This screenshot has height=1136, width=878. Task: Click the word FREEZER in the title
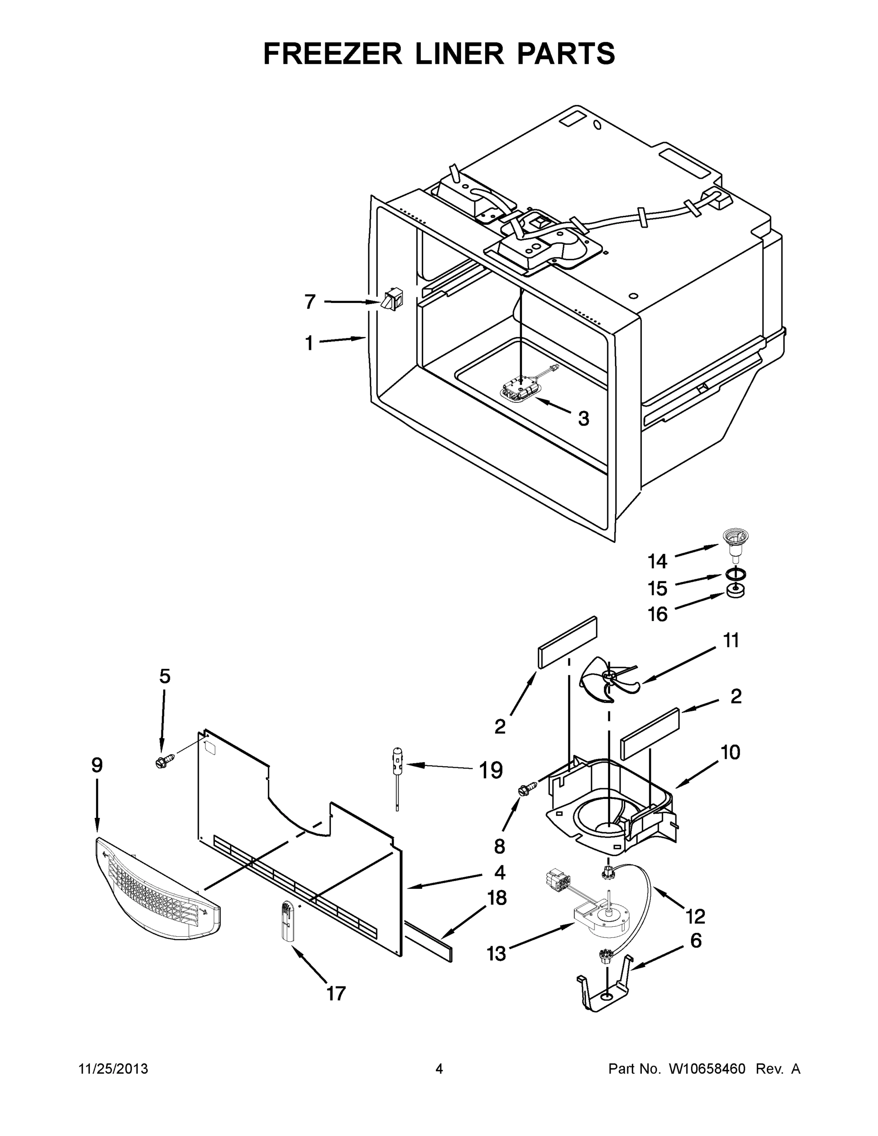pyautogui.click(x=333, y=53)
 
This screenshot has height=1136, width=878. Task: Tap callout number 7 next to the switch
pyautogui.click(x=310, y=301)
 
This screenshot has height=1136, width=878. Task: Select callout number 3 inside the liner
pyautogui.click(x=584, y=418)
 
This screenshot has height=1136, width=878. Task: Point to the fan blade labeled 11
pyautogui.click(x=609, y=678)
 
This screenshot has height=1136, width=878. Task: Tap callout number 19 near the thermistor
pyautogui.click(x=490, y=770)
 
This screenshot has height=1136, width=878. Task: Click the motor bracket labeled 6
pyautogui.click(x=606, y=984)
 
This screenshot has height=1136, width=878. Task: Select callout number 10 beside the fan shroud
pyautogui.click(x=731, y=752)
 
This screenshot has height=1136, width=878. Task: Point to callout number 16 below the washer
pyautogui.click(x=657, y=614)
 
